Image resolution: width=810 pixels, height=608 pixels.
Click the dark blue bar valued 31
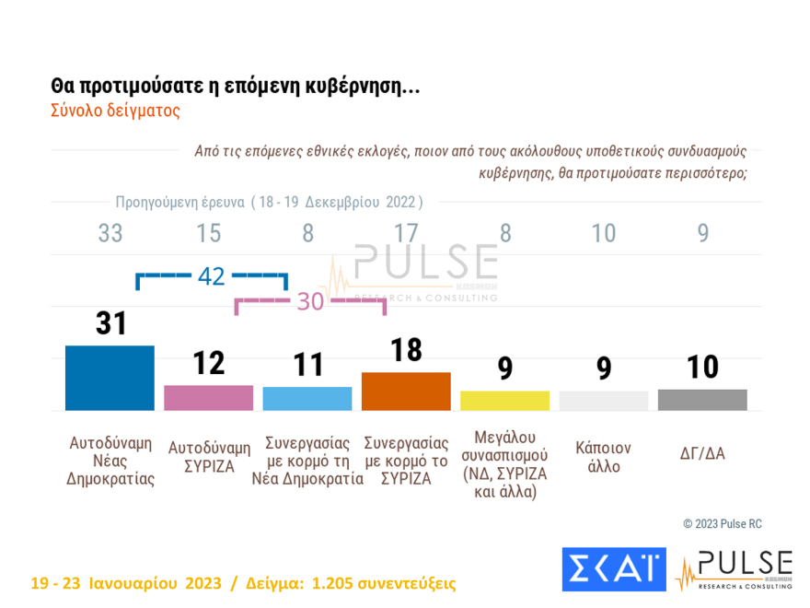click(x=110, y=378)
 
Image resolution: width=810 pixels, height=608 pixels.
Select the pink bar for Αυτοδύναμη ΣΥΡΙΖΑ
click(x=208, y=398)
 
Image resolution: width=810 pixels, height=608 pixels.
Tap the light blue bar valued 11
click(x=307, y=399)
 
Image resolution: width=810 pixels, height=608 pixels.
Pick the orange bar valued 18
click(x=406, y=392)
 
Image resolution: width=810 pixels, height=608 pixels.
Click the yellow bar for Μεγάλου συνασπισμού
click(x=504, y=401)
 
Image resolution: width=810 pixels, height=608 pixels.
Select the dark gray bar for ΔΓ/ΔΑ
click(x=702, y=400)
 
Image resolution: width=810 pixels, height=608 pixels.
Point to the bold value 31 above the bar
click(x=110, y=323)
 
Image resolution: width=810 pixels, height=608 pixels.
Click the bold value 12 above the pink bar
click(x=208, y=363)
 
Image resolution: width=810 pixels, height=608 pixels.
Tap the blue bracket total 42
click(x=211, y=275)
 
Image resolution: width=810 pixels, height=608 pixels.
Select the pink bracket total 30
click(x=310, y=301)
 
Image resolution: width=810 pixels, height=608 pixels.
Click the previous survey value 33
click(x=110, y=234)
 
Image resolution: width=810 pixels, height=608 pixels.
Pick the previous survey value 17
click(x=406, y=234)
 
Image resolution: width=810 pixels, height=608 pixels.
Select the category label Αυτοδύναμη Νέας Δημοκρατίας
click(x=110, y=461)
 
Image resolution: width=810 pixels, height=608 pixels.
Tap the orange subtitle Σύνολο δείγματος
click(x=115, y=111)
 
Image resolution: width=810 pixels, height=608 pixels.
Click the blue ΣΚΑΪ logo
click(x=613, y=570)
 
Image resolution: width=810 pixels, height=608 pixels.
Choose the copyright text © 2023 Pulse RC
click(x=723, y=524)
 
